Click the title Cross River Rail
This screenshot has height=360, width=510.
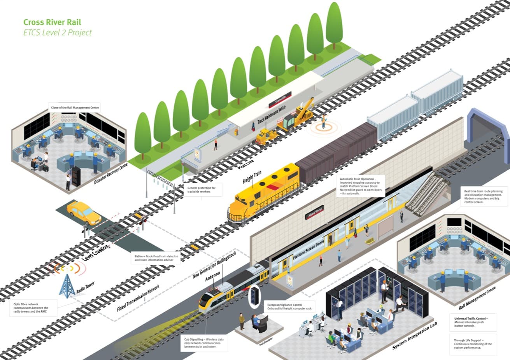click(52, 22)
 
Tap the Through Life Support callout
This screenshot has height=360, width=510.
click(473, 344)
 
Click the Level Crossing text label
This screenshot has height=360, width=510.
click(96, 252)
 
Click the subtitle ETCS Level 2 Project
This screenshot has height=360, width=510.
click(58, 33)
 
